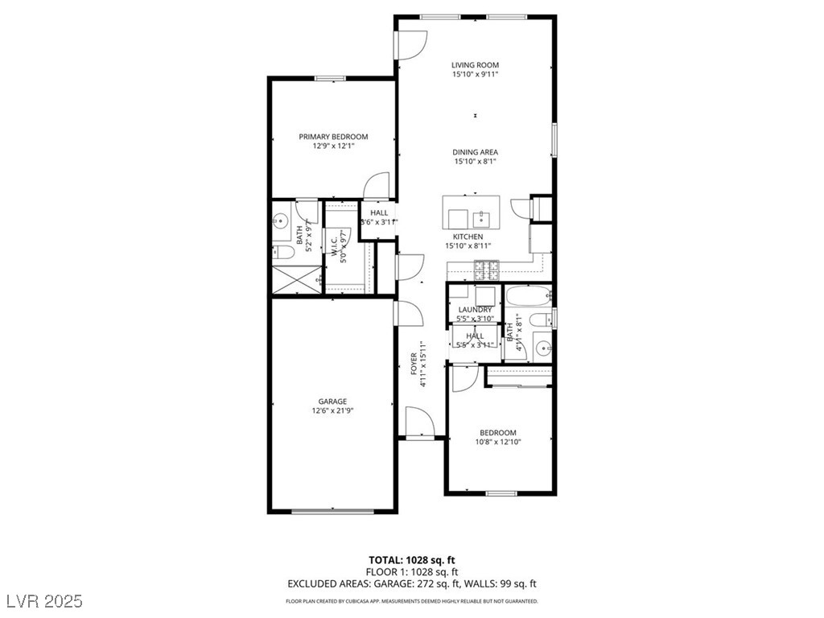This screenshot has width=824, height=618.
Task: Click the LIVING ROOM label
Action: (475, 65)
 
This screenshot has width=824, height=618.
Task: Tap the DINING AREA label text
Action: (475, 152)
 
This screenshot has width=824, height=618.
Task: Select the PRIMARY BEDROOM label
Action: (333, 137)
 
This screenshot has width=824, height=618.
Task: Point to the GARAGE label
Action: (332, 402)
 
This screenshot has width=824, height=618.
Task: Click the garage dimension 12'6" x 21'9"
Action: (332, 410)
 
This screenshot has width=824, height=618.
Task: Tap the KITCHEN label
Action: (468, 237)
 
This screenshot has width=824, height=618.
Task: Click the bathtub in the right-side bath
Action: (526, 298)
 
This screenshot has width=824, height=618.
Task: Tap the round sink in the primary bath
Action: (282, 220)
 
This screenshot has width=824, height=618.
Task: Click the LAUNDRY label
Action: (475, 310)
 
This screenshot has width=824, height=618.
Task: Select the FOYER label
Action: (414, 360)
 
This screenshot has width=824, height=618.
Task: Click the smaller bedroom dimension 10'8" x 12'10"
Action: (497, 441)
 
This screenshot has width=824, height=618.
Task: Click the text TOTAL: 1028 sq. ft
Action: (411, 560)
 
